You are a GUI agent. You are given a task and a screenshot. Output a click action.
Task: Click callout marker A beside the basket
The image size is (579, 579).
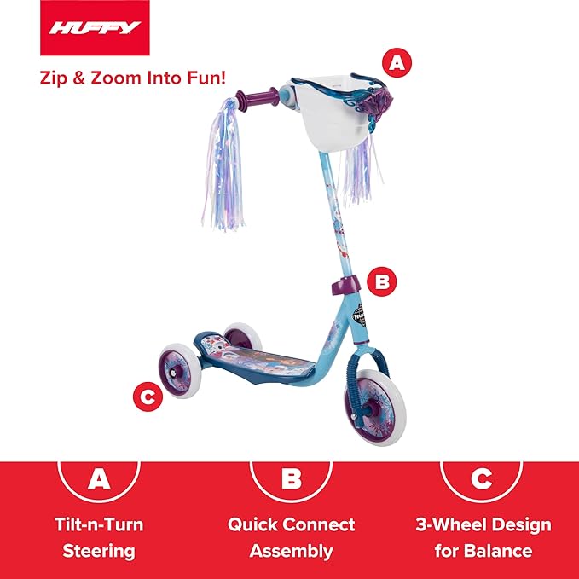pyautogui.click(x=394, y=61)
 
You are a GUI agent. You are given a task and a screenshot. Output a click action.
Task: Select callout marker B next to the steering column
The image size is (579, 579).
pyautogui.click(x=382, y=280)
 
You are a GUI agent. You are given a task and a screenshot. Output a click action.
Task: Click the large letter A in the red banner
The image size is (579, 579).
pyautogui.click(x=100, y=478)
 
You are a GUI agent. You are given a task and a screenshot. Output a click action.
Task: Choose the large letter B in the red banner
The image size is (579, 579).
pyautogui.click(x=292, y=478)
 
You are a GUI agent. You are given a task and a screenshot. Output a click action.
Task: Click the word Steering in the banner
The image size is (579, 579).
pyautogui.click(x=99, y=551)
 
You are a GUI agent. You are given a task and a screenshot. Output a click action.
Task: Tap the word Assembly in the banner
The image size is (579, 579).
pyautogui.click(x=292, y=551)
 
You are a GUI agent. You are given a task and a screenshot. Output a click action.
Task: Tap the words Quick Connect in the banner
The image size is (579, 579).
pyautogui.click(x=292, y=524)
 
